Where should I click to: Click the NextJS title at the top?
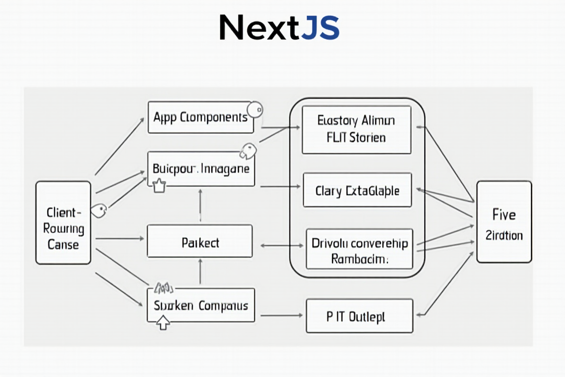(279, 28)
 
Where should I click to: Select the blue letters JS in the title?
(319, 28)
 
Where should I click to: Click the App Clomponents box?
(201, 117)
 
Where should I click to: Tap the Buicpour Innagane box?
(201, 168)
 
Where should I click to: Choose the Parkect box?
(200, 243)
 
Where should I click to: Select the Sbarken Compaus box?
(201, 305)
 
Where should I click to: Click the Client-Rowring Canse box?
(63, 229)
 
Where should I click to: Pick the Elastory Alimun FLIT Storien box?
(356, 130)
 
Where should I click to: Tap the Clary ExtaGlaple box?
(357, 190)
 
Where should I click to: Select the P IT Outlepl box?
(360, 316)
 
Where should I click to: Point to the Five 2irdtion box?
(504, 222)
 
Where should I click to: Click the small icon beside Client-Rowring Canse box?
(98, 211)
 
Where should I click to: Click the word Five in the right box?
(504, 215)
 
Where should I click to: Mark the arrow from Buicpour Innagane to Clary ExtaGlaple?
(280, 187)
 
